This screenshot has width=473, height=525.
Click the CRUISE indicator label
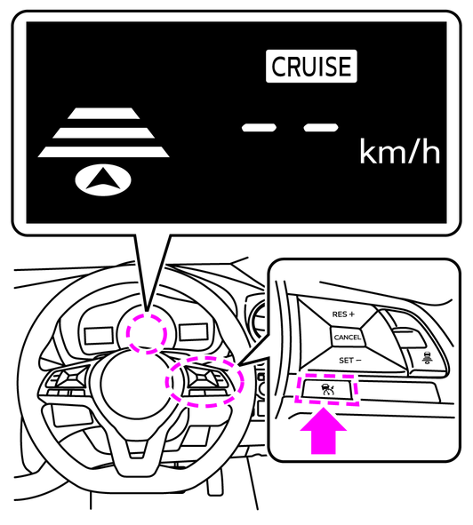pyautogui.click(x=311, y=67)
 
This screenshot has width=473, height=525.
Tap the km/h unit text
pyautogui.click(x=399, y=152)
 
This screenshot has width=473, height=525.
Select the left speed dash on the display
pyautogui.click(x=259, y=128)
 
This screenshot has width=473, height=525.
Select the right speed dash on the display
pyautogui.click(x=321, y=128)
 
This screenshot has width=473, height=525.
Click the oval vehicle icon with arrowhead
pyautogui.click(x=103, y=179)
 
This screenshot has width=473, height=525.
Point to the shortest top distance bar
pyautogui.click(x=103, y=114)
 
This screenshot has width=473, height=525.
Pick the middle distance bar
pyautogui.click(x=103, y=133)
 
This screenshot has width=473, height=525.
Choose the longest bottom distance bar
pyautogui.click(x=103, y=152)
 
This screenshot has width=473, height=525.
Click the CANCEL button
pyautogui.click(x=348, y=338)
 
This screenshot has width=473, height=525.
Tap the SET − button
pyautogui.click(x=350, y=361)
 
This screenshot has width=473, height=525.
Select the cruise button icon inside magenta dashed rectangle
pyautogui.click(x=327, y=389)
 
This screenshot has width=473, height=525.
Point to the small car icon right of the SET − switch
pyautogui.click(x=427, y=358)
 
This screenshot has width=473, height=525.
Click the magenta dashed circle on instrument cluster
pyautogui.click(x=147, y=333)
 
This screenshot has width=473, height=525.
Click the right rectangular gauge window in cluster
pyautogui.click(x=194, y=332)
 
